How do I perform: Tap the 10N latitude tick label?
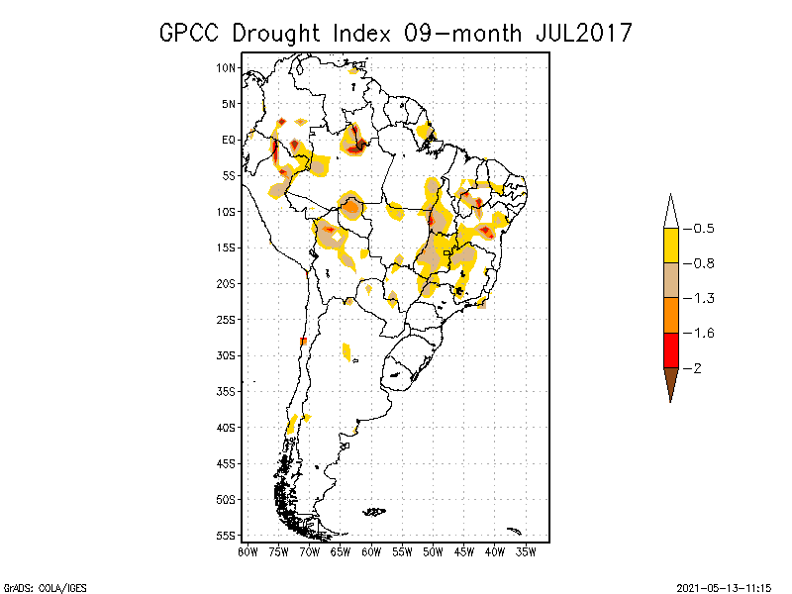coord(227,67)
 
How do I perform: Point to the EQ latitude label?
coord(229,140)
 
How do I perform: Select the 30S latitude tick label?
coord(227,355)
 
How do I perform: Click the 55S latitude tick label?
coord(227,535)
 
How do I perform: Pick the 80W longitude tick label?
coord(247,550)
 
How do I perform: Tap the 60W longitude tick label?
coord(371,550)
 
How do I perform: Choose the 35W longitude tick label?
coord(526,550)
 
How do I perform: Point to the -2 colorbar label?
coord(697,368)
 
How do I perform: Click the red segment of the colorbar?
coord(670,349)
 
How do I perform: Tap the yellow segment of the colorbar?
coord(670,246)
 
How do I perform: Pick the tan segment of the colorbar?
coord(670,280)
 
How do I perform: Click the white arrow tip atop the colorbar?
coord(670,213)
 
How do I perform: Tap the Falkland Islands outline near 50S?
coord(374,511)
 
